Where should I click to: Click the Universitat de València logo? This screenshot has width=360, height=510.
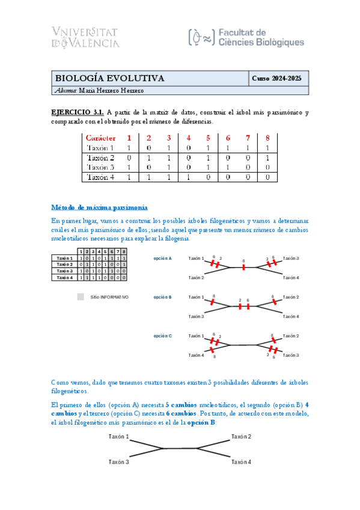tap(86, 37)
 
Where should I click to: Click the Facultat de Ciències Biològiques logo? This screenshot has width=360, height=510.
tap(246, 37)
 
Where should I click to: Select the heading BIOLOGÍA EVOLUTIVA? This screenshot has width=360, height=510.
tap(109, 78)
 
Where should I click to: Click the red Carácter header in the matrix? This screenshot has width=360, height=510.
tap(101, 138)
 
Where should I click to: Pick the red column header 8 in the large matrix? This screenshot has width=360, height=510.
tap(267, 138)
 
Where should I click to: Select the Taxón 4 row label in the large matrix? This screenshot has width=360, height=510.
tap(100, 177)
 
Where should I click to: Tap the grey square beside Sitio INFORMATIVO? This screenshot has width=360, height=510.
tap(81, 296)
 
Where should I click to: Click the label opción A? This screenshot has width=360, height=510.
tap(162, 258)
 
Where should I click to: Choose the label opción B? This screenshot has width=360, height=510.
tap(162, 297)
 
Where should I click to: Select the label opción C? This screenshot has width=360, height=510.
tap(162, 336)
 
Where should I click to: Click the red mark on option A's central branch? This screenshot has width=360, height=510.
tap(243, 268)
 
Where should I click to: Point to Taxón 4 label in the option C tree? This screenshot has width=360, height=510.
tap(196, 355)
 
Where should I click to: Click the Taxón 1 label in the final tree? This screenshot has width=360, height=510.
tap(118, 437)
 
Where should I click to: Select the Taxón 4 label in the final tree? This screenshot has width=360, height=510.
tap(241, 462)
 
